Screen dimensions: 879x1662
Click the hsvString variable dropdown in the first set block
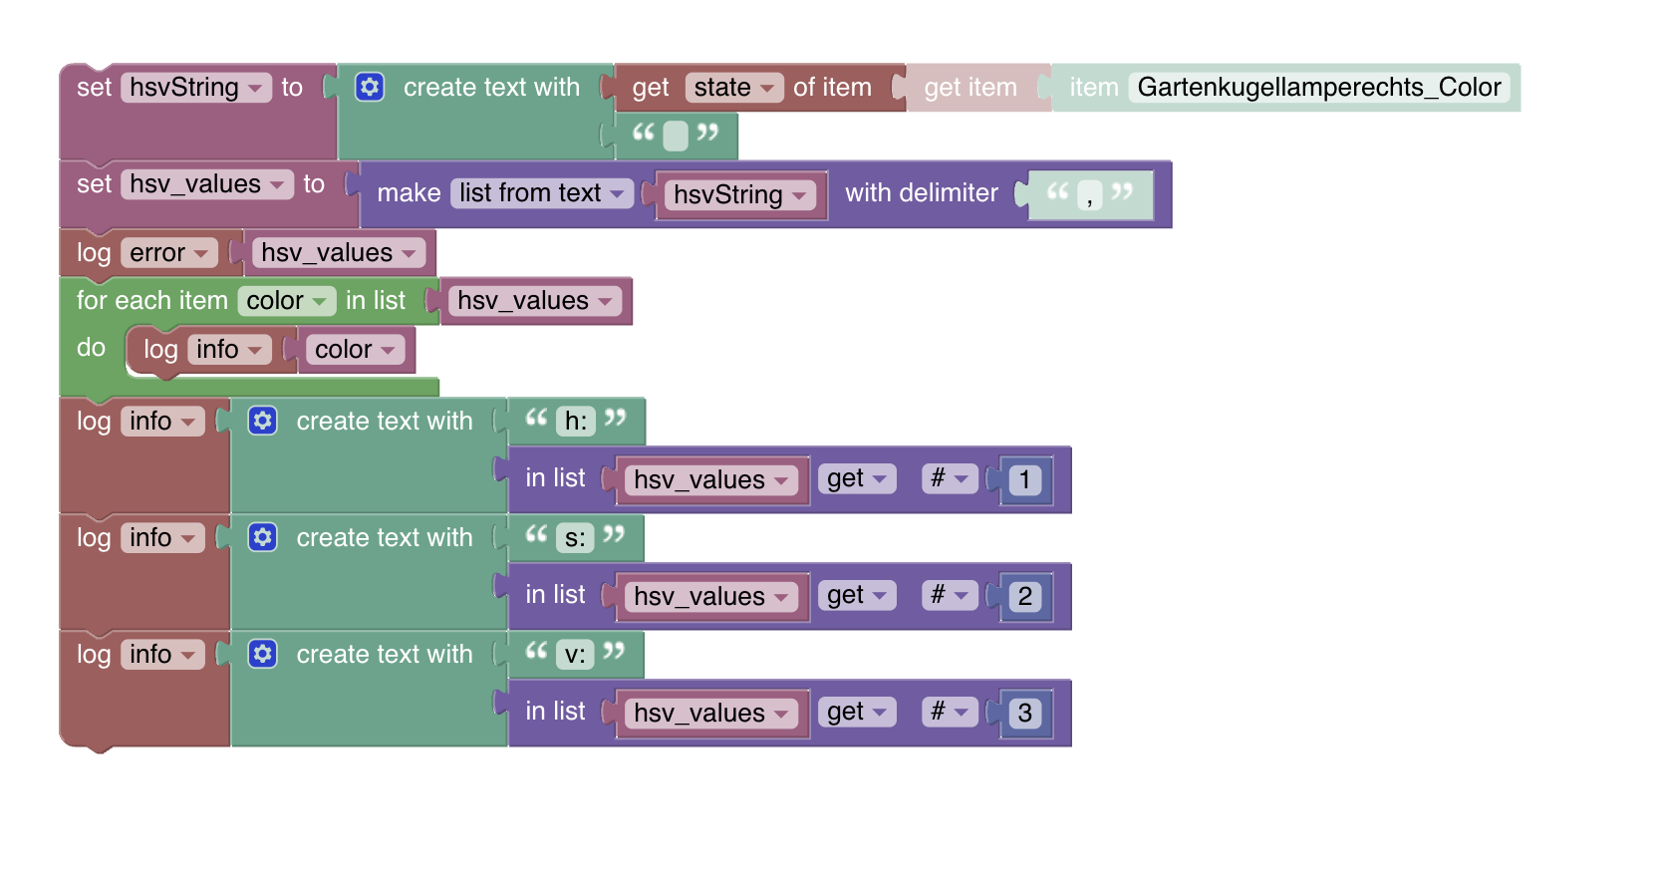coord(196,88)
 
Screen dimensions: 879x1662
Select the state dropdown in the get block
coord(733,88)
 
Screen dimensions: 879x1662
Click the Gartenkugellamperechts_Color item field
coord(1318,88)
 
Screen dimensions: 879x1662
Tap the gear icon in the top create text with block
coord(370,87)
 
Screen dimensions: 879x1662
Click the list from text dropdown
coord(541,192)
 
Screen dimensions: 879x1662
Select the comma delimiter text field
coord(1089,194)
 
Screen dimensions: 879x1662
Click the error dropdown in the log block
coord(168,253)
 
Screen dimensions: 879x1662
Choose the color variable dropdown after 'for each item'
coord(286,301)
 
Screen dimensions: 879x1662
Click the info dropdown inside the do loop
coord(228,350)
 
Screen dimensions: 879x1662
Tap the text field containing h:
coord(575,422)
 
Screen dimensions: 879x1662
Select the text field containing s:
coord(575,538)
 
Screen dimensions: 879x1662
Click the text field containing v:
coord(575,655)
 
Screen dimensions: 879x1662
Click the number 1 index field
coord(1024,480)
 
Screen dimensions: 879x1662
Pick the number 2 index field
coord(1024,597)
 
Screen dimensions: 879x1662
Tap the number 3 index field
coord(1024,714)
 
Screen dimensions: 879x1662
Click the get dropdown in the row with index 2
coord(856,596)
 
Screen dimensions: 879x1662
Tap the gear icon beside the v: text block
coord(263,654)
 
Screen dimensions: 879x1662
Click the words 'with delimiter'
coord(922,193)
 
